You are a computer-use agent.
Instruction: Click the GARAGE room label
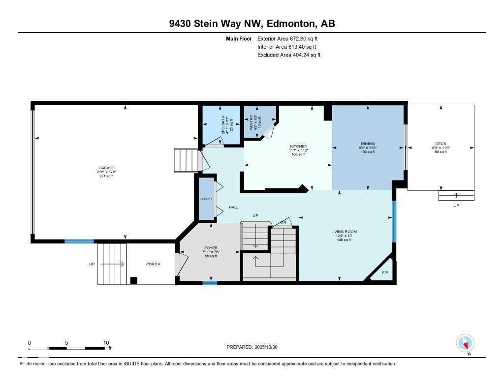click(x=106, y=168)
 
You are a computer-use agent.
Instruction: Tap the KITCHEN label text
click(x=298, y=147)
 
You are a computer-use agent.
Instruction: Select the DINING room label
click(x=368, y=144)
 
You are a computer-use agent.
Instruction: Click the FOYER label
click(x=211, y=248)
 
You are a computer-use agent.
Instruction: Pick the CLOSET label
click(x=206, y=199)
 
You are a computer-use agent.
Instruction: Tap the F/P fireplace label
click(x=384, y=272)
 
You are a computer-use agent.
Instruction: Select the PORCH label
click(x=153, y=264)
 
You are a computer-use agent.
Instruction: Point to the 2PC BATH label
click(x=222, y=126)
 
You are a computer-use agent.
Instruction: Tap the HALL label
click(x=234, y=208)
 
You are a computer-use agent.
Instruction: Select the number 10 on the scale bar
click(x=106, y=343)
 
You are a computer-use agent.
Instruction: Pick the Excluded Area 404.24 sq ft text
click(x=289, y=55)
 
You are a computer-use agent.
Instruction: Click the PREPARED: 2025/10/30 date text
click(x=255, y=347)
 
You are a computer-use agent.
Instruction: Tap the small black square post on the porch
click(x=133, y=281)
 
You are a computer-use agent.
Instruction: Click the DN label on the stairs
click(x=283, y=222)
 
